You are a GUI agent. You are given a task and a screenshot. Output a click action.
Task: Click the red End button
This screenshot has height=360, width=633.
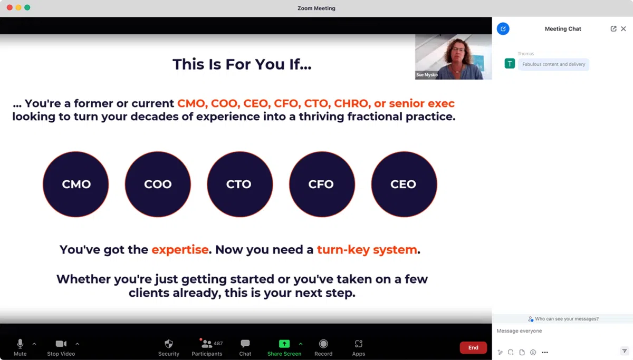(473, 347)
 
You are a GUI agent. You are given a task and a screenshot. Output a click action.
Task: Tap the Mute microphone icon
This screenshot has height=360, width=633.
(20, 344)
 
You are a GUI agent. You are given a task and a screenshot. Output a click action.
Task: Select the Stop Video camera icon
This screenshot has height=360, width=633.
(61, 344)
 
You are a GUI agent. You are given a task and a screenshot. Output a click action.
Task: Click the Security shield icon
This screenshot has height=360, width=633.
(169, 344)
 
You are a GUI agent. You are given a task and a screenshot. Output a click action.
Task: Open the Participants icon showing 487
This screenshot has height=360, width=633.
(207, 344)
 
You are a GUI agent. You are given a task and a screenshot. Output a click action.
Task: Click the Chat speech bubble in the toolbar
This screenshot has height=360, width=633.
(245, 344)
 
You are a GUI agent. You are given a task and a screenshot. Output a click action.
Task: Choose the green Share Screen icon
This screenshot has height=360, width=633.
(284, 344)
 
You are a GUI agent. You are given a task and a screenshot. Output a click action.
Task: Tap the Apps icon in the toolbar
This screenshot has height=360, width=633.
(358, 344)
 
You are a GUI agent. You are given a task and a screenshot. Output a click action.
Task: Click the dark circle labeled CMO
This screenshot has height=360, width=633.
(76, 184)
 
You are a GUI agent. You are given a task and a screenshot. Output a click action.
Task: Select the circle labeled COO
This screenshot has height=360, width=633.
(158, 184)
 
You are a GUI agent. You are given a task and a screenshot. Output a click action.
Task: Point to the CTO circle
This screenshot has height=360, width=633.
(240, 184)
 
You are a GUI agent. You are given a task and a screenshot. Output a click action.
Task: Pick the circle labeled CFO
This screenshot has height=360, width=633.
(322, 184)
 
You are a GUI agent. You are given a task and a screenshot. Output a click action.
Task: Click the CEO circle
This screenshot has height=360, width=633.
(404, 184)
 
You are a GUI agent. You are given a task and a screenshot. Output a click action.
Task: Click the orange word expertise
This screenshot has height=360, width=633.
(180, 250)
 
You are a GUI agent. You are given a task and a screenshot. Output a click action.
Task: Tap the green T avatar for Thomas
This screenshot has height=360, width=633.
(510, 64)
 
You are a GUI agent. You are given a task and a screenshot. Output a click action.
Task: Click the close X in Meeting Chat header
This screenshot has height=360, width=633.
(624, 29)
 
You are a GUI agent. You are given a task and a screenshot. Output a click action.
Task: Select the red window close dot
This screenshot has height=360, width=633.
(9, 7)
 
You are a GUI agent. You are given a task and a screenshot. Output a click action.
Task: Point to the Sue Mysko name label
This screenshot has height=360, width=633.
(427, 75)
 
